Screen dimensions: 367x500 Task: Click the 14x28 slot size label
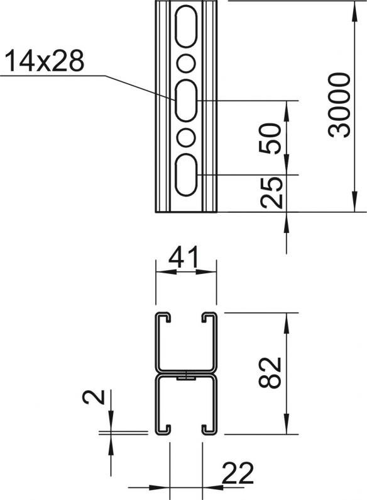[45, 60]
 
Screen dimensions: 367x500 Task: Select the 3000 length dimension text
[339, 105]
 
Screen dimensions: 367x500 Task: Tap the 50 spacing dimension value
[270, 138]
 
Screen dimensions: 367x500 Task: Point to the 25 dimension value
[271, 193]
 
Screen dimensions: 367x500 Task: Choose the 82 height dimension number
[270, 372]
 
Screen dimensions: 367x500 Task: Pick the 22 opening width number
[238, 473]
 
